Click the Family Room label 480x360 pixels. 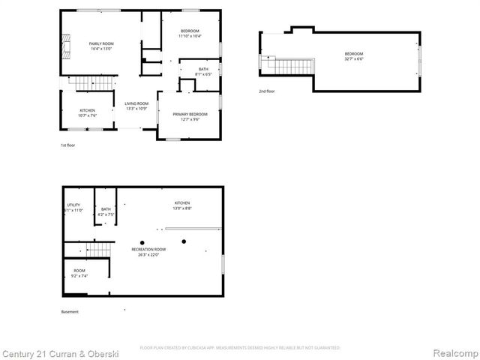click(101, 46)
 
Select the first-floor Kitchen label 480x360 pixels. click(88, 113)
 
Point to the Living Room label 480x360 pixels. click(136, 106)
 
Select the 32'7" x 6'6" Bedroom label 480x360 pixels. click(354, 56)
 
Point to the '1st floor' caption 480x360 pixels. click(68, 145)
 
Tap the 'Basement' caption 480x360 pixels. click(70, 312)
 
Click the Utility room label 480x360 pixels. click(73, 208)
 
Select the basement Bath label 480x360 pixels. click(106, 211)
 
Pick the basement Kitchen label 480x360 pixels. click(182, 205)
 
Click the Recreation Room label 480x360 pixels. click(148, 251)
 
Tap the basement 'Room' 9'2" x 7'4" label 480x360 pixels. click(79, 273)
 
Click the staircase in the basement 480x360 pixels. click(98, 249)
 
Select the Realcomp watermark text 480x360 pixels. click(453, 353)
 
